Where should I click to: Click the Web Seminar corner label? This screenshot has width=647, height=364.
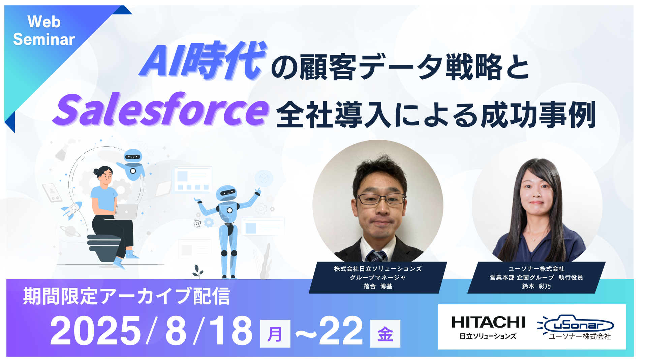pyautogui.click(x=44, y=31)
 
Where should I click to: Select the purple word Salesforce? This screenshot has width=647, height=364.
pyautogui.click(x=161, y=109)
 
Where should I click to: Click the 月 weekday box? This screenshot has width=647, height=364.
pyautogui.click(x=275, y=334)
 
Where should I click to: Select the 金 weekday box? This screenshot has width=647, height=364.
pyautogui.click(x=385, y=334)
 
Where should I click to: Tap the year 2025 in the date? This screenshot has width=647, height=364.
pyautogui.click(x=95, y=331)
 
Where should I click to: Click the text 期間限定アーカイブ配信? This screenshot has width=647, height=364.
pyautogui.click(x=127, y=296)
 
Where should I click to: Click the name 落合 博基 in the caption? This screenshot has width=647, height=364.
pyautogui.click(x=378, y=286)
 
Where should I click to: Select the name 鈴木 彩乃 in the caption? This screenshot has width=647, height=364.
pyautogui.click(x=536, y=286)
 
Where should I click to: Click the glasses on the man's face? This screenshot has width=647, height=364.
pyautogui.click(x=380, y=199)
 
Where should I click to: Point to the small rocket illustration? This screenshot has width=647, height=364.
pyautogui.click(x=72, y=210)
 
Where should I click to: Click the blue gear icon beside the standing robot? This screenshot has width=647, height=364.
pyautogui.click(x=209, y=222)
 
